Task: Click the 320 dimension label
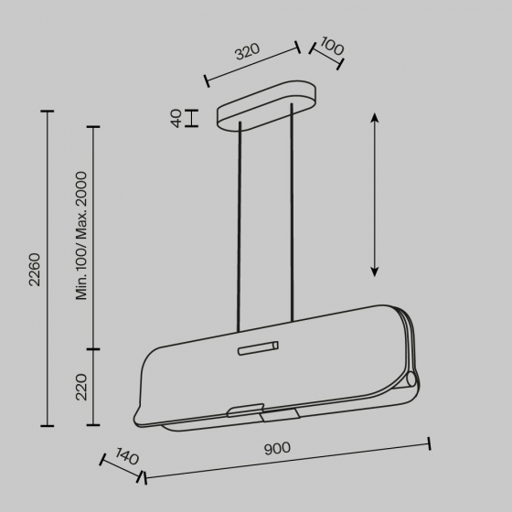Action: (x=248, y=51)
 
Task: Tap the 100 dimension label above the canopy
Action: (x=332, y=46)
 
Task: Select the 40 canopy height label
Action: (x=176, y=118)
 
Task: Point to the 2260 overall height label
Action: (x=35, y=270)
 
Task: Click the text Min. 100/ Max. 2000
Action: (x=81, y=236)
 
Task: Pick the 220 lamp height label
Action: (x=81, y=388)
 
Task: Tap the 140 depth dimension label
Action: (x=127, y=456)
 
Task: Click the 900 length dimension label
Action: (x=277, y=448)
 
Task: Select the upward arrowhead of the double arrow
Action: (x=375, y=117)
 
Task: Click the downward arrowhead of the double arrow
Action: (x=375, y=272)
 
